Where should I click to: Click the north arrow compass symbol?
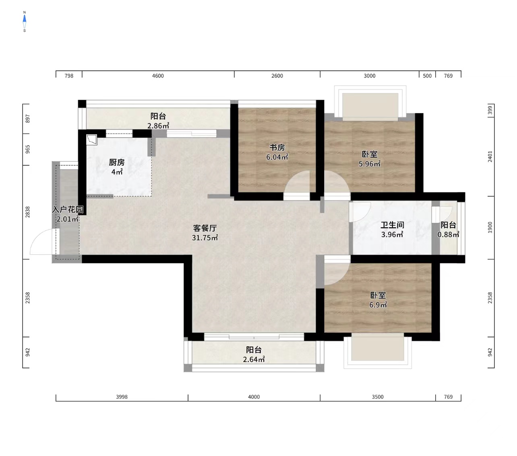click(25, 21)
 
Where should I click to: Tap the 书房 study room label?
click(277, 147)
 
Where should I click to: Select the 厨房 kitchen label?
click(117, 162)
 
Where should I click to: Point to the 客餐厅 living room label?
click(205, 228)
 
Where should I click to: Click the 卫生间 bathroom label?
click(392, 225)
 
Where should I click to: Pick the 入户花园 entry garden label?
click(68, 210)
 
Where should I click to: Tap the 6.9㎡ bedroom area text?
click(378, 304)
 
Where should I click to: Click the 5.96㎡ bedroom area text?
click(370, 164)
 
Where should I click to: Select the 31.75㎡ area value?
click(205, 238)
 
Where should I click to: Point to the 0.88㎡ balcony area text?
click(449, 234)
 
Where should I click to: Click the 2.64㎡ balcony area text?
click(254, 359)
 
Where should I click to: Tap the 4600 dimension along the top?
click(158, 76)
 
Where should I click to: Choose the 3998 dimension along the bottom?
click(122, 397)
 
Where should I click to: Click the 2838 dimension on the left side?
click(27, 212)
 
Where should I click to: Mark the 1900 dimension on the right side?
click(490, 227)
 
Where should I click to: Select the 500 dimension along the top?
click(427, 76)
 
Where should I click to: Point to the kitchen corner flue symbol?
click(92, 140)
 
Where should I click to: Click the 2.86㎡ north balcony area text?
click(158, 125)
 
